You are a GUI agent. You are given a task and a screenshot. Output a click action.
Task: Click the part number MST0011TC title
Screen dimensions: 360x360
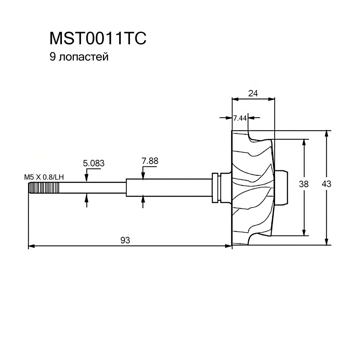[x=98, y=38]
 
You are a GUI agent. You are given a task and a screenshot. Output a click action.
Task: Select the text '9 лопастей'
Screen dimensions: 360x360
[x=79, y=57]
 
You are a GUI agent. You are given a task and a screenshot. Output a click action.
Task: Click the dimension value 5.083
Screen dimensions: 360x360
[x=94, y=163]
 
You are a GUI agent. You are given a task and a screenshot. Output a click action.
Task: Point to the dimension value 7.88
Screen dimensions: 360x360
[x=150, y=161]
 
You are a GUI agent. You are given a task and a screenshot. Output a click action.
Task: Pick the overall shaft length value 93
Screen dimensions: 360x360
[x=125, y=240]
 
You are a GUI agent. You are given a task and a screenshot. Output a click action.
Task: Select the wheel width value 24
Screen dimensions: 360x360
[x=253, y=93]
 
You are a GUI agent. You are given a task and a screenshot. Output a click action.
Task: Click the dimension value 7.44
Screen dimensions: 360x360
[x=239, y=118]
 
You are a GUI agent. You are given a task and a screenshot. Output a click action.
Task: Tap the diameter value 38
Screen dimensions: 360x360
[x=304, y=184]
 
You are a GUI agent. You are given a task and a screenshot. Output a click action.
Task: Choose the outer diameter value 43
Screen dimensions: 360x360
[x=327, y=184]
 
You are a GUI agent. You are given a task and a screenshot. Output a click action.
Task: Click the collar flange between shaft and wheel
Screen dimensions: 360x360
[x=216, y=188]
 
